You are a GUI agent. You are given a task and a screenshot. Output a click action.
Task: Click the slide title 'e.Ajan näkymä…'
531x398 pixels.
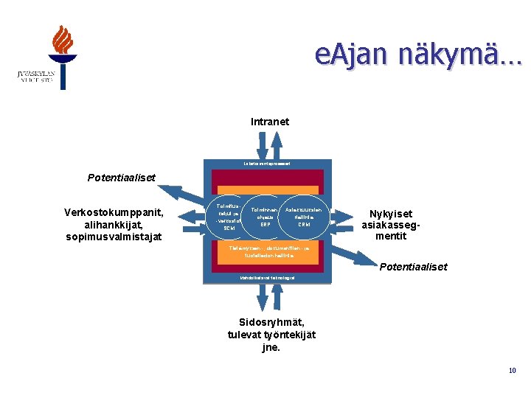[x=417, y=55]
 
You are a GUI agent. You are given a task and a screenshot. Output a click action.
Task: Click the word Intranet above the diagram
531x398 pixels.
[x=270, y=122]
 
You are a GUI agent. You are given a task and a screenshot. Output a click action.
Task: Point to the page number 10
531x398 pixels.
[x=512, y=371]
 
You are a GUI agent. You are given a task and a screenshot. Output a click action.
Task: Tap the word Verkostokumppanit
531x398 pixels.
[x=112, y=212]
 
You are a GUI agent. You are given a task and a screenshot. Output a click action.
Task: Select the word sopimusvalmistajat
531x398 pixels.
[x=113, y=237]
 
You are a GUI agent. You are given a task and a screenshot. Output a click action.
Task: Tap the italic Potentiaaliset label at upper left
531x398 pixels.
[x=120, y=178]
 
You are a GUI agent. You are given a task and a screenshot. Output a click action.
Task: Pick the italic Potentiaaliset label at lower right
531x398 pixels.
[x=413, y=267]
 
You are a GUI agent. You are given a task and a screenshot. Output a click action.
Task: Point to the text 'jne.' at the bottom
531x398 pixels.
[x=271, y=347]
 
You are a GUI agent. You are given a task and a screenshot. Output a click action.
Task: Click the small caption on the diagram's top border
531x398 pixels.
[x=265, y=163]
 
